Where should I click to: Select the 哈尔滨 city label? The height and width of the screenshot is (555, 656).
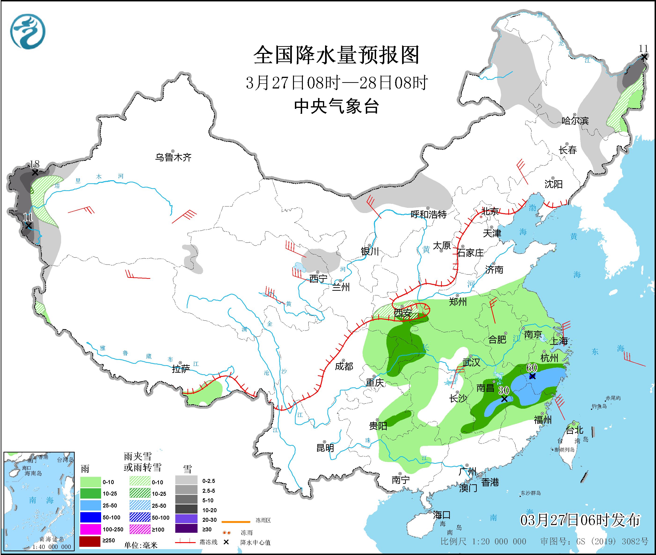575,121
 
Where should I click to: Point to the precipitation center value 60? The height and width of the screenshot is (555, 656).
531,368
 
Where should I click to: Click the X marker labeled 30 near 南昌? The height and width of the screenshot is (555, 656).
504,399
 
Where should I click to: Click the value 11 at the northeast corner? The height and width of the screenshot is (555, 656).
643,49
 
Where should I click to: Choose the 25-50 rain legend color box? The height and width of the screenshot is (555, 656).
90,506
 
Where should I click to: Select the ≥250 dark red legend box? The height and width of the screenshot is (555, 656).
90,540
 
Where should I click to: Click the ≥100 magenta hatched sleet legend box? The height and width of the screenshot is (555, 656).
140,529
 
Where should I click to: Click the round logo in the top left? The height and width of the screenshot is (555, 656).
28,31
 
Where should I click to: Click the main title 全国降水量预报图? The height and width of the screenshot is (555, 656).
336,55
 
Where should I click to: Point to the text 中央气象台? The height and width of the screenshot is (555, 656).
336,106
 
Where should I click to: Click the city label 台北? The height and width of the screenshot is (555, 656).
575,430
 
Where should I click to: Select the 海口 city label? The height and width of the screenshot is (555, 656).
442,515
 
